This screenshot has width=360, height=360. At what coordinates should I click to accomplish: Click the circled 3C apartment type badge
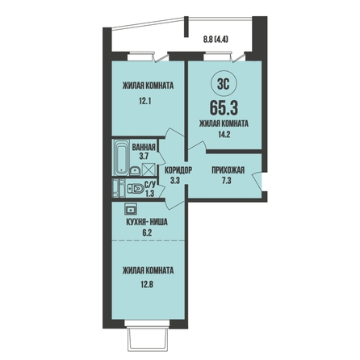(224, 85)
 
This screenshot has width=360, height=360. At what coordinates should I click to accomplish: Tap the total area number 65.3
(224, 108)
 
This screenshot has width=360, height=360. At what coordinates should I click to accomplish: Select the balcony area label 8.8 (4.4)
(216, 40)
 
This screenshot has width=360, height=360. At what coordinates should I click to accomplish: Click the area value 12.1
(145, 102)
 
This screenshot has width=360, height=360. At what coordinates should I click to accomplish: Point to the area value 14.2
(224, 134)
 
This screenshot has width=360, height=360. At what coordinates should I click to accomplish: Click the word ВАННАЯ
(144, 147)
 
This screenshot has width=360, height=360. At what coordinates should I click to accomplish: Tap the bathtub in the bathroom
(121, 157)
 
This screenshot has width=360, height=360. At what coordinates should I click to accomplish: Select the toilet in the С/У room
(136, 189)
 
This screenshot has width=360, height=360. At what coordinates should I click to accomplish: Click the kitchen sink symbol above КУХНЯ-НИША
(131, 209)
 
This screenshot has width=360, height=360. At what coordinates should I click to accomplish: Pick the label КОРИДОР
(178, 170)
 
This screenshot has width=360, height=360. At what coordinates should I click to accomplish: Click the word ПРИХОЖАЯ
(228, 170)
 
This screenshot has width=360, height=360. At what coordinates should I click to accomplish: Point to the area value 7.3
(227, 181)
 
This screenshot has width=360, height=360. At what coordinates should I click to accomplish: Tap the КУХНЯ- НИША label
(147, 222)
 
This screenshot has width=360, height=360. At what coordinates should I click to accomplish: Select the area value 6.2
(147, 232)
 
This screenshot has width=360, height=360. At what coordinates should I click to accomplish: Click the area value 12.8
(146, 284)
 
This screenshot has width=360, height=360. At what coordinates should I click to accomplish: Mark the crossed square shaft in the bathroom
(149, 170)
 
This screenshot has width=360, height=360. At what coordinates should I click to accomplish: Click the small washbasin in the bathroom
(135, 171)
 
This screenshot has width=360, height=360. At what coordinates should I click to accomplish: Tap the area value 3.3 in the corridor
(175, 181)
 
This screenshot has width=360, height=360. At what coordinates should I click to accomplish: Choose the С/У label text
(150, 185)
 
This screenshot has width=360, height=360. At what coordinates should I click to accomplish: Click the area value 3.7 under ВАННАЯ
(144, 156)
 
